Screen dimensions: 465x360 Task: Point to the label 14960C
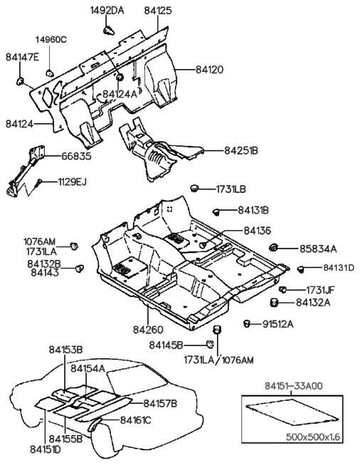[51, 39]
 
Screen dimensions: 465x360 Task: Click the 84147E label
[21, 56]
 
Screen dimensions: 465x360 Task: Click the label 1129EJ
[72, 182]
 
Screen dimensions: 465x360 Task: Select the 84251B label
[241, 150]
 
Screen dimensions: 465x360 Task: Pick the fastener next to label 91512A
[248, 324]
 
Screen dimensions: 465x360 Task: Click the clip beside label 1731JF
[282, 288]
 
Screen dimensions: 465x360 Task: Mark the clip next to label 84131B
[217, 211]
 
